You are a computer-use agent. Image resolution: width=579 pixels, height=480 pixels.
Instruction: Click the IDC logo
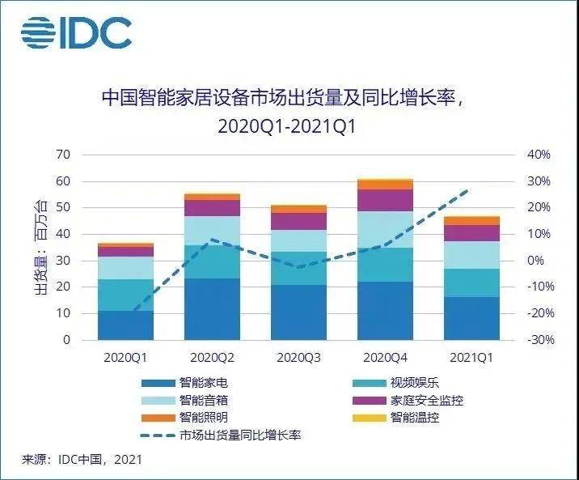[x=76, y=32]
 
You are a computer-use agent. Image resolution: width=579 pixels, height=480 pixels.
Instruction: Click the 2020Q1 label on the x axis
[x=126, y=357]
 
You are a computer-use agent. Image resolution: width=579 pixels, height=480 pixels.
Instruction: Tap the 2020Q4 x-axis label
[x=386, y=357]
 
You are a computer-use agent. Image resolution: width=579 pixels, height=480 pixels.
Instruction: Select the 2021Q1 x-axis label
[x=471, y=357]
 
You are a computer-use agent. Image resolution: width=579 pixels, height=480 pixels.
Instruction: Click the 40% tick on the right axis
[x=539, y=155]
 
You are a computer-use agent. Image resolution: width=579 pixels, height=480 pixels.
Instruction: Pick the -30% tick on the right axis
[x=539, y=340]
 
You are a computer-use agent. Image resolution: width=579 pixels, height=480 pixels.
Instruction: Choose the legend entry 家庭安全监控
[x=426, y=401]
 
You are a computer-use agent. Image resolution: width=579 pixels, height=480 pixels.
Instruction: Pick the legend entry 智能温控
[x=412, y=418]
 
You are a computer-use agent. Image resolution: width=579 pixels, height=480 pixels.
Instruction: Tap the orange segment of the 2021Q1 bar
[x=471, y=220]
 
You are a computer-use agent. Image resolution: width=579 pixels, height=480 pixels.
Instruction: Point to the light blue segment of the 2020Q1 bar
[x=126, y=268]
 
